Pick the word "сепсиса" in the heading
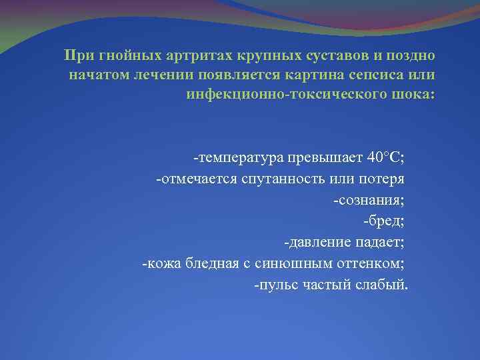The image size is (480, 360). [x=361, y=73]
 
